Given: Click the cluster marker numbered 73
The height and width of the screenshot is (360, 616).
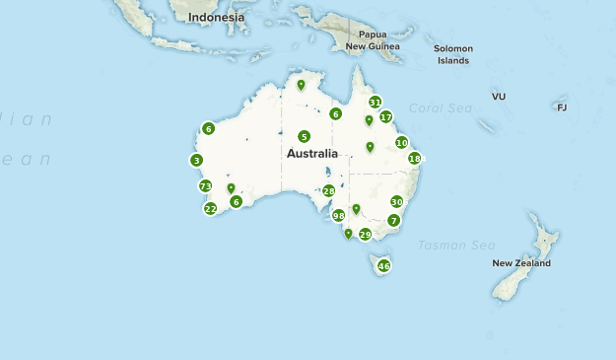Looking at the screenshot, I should (205, 186).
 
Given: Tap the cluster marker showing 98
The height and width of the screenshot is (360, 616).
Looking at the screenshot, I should (338, 215).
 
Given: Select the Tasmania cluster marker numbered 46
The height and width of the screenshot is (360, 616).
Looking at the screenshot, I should (383, 266).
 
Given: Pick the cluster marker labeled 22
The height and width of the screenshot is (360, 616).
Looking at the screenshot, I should (210, 208).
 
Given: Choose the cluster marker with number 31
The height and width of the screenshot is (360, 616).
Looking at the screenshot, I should (375, 102).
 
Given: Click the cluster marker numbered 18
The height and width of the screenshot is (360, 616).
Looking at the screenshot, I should (414, 158).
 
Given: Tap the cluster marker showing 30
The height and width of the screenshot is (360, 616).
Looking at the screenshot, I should (396, 201).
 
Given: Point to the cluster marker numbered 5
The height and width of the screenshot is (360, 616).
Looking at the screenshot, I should (304, 136).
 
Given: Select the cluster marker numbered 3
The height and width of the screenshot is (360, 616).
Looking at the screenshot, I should (197, 160).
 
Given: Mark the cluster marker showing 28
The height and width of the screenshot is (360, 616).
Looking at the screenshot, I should (328, 190).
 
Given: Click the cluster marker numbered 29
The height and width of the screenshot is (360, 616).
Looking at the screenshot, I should (365, 234).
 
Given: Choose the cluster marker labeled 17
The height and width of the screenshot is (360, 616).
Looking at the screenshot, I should (385, 116).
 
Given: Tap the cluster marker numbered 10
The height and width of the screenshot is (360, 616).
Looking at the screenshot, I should (401, 142).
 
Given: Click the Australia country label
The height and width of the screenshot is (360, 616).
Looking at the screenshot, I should (312, 154).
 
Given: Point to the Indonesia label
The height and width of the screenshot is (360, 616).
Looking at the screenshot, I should (216, 18).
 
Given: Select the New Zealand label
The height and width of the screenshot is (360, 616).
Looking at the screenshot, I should (521, 263).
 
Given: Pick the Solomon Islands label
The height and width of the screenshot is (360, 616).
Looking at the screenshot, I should (453, 54).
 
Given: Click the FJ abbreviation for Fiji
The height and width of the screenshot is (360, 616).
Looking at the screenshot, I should (562, 108).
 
